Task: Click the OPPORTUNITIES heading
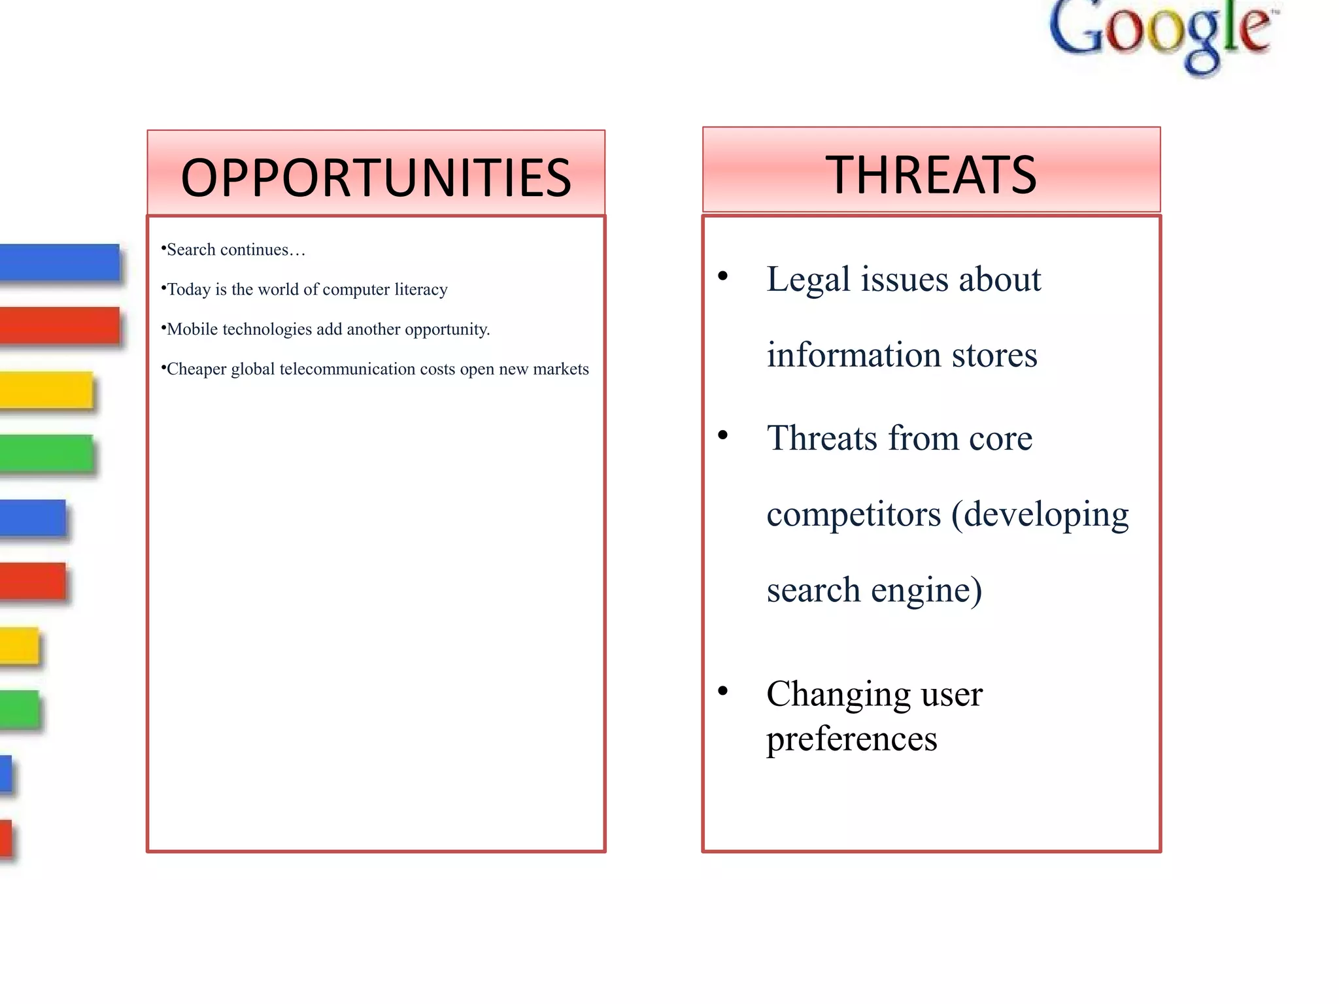[376, 177]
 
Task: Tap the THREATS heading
[931, 175]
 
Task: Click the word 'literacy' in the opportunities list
[420, 290]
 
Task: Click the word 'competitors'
[853, 514]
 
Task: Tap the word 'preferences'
[851, 739]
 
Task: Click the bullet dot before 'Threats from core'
[722, 435]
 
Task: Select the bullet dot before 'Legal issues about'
[722, 276]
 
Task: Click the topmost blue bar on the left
[59, 262]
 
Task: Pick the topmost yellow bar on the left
[46, 390]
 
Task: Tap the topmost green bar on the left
[46, 453]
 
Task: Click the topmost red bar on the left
[59, 326]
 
